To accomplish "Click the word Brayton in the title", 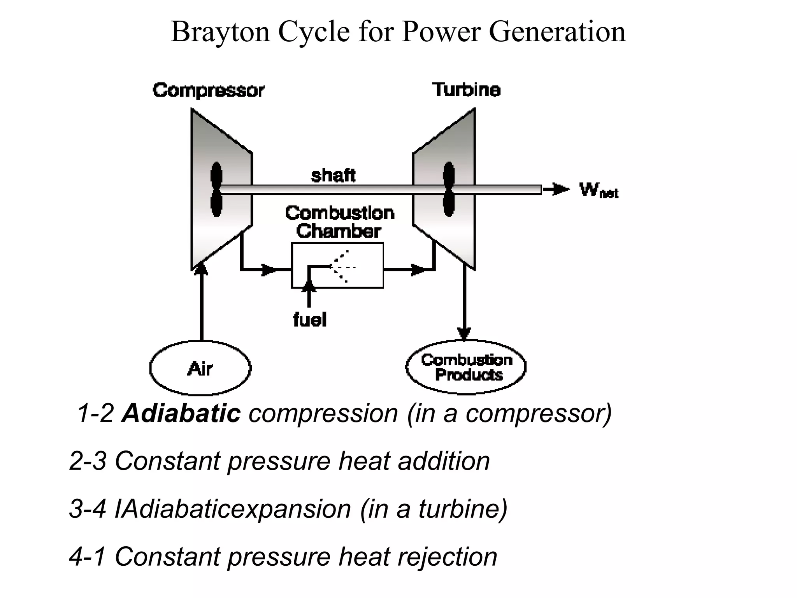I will [220, 32].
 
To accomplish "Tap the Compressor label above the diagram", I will [208, 90].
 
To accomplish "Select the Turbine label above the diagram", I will [466, 90].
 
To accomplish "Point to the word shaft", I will [333, 175].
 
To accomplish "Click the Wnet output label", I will [598, 190].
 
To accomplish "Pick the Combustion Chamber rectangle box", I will [337, 266].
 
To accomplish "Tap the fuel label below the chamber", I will [309, 320].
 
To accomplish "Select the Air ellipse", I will [200, 368].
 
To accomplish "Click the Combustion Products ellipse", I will [466, 367].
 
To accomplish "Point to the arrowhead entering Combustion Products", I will [464, 334].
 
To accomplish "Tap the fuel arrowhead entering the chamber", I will [309, 286].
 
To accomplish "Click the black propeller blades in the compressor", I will [216, 189].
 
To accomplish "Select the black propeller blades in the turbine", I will [449, 189].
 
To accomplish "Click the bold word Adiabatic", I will [181, 413].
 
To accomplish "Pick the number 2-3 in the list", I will [88, 461].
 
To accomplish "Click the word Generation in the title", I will [557, 32].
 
